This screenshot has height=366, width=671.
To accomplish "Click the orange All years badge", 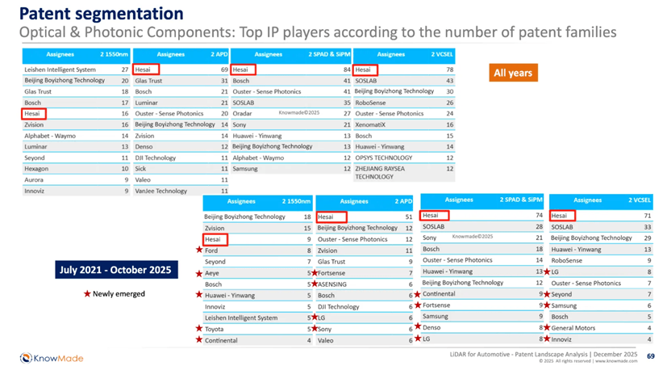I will click(512, 73).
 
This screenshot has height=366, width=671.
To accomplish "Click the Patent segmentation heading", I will click(101, 13).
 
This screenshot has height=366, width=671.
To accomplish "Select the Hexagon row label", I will click(36, 168).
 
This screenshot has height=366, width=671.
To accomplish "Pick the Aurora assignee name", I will click(34, 179).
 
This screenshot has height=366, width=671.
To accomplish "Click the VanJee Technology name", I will click(160, 191).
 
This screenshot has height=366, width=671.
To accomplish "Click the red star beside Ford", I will click(199, 251).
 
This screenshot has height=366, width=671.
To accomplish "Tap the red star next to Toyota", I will click(199, 329).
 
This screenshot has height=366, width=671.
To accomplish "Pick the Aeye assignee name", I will click(213, 274).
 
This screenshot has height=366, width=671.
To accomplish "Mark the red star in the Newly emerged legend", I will click(87, 293).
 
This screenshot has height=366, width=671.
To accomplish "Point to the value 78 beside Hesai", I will click(449, 69).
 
